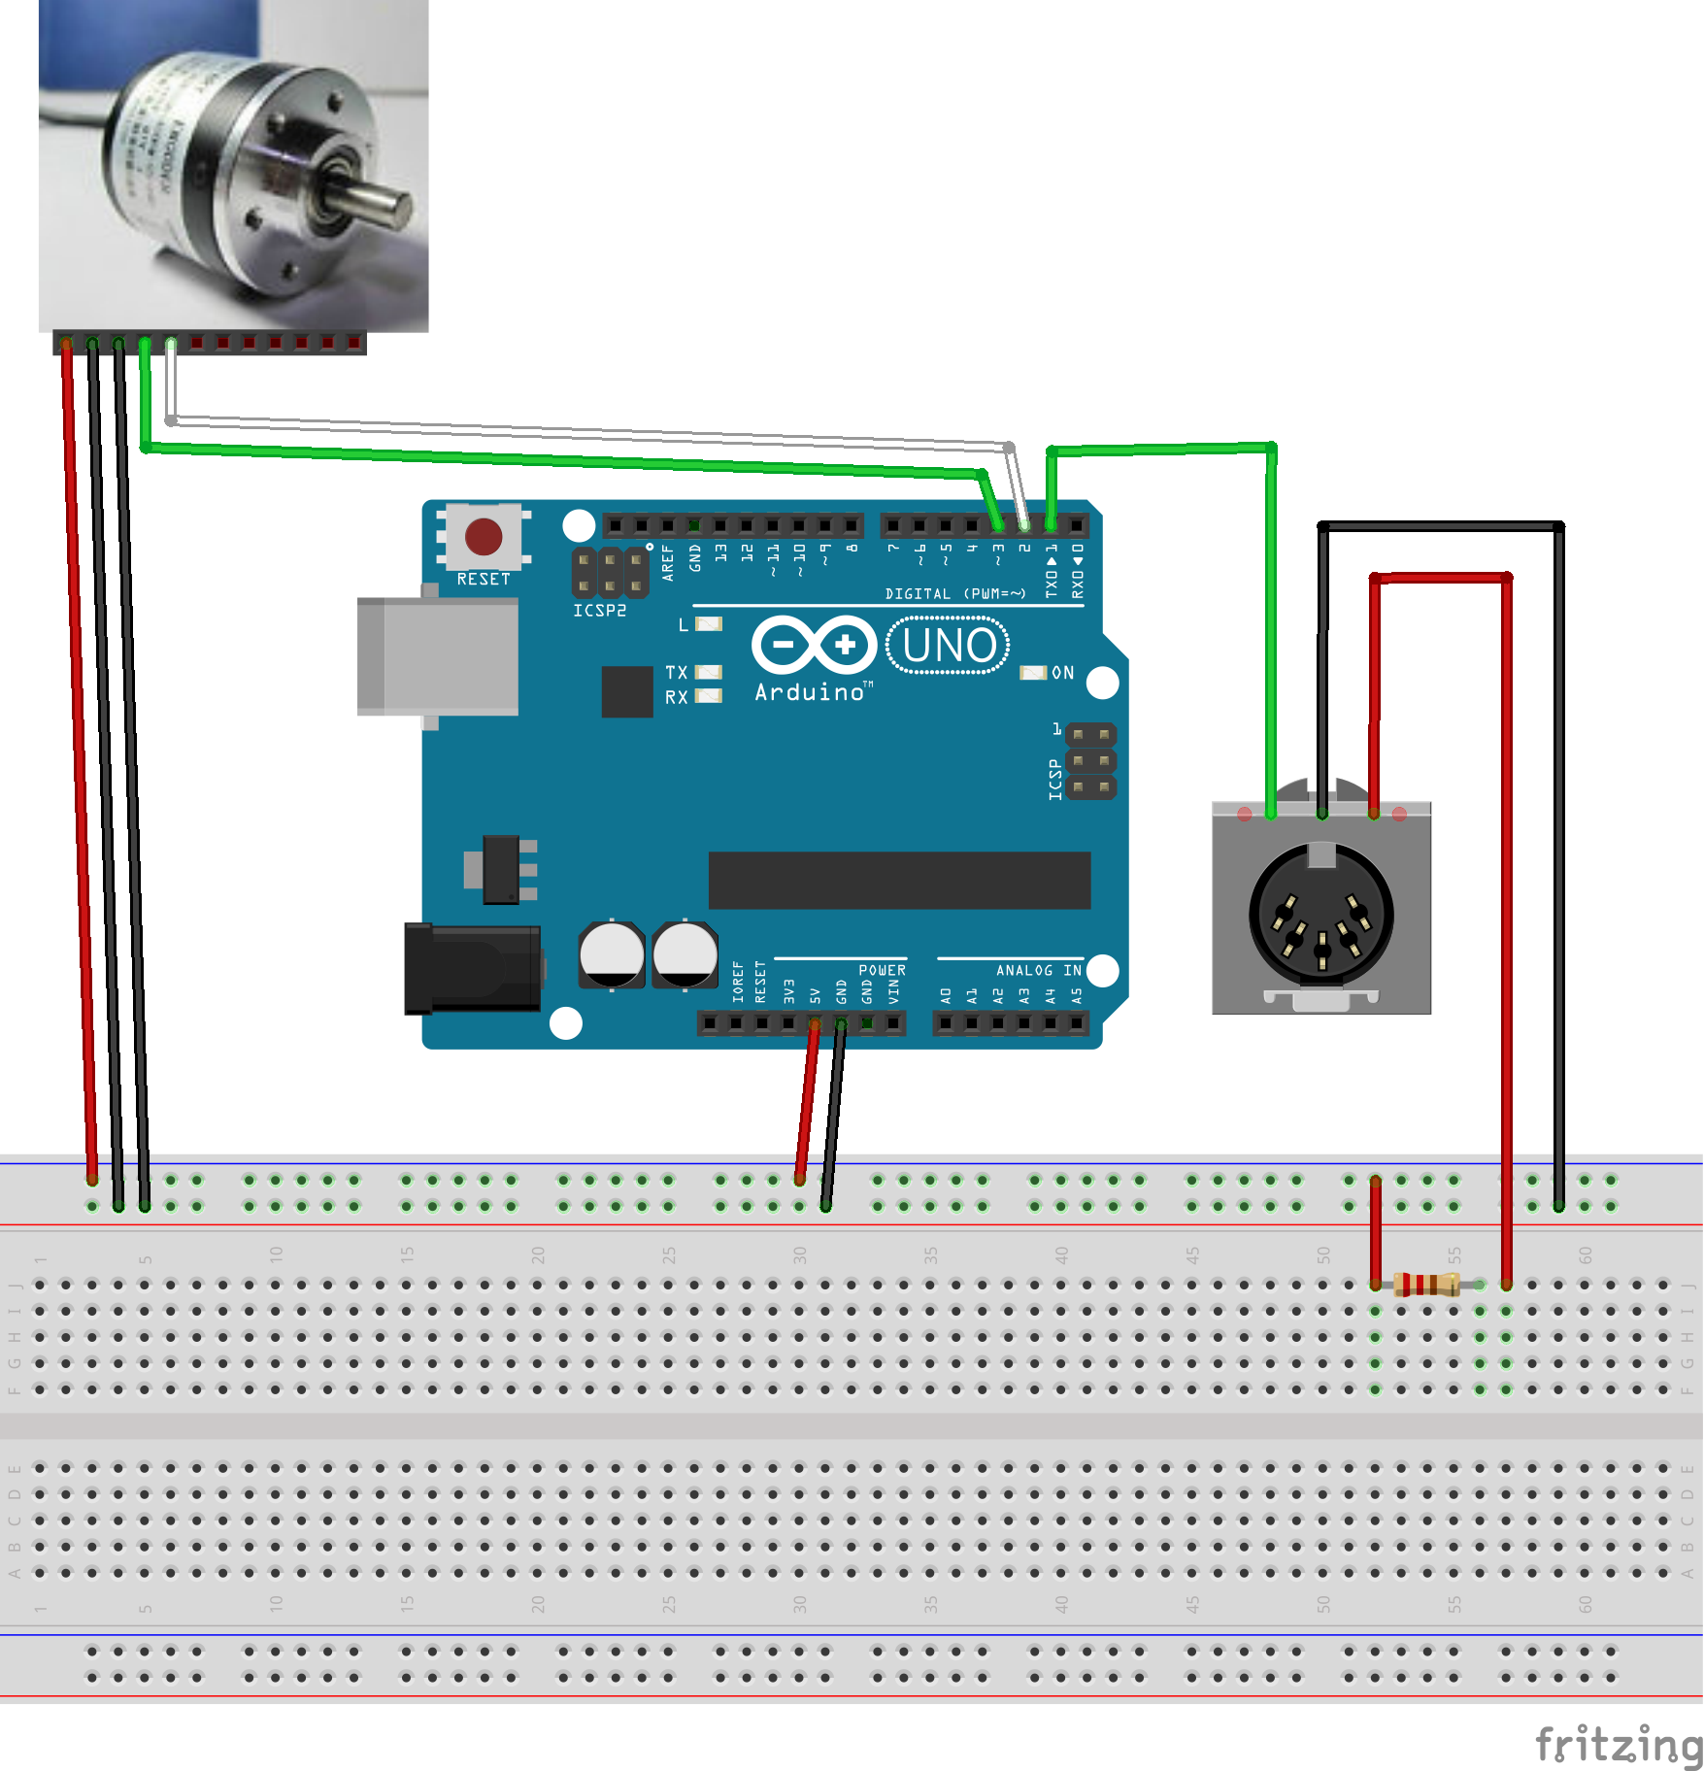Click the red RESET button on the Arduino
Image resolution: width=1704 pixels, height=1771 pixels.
click(x=484, y=536)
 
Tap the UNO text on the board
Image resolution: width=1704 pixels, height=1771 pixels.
click(x=949, y=646)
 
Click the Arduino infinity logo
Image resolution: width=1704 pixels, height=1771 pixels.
click(x=814, y=644)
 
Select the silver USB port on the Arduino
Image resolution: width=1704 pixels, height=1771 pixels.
click(x=438, y=656)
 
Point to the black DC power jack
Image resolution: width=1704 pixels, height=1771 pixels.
click(x=473, y=968)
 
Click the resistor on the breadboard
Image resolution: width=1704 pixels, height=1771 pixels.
click(x=1426, y=1285)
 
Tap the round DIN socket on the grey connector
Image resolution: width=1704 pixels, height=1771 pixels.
click(x=1320, y=915)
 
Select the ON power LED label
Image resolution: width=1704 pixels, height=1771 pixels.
click(x=1062, y=673)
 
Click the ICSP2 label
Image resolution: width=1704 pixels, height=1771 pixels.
click(x=599, y=611)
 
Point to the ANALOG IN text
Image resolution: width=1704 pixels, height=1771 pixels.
click(x=1038, y=970)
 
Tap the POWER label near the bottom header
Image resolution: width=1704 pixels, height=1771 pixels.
click(x=882, y=970)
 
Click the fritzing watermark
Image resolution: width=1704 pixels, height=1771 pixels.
click(x=1618, y=1744)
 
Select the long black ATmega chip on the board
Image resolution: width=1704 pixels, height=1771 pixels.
click(x=899, y=881)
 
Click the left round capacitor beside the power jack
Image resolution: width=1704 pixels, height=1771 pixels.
click(x=612, y=954)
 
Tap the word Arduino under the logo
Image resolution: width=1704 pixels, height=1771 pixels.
click(x=810, y=692)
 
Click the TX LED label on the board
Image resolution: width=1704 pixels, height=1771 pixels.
click(x=676, y=672)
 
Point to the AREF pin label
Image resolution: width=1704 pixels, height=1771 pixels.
click(x=668, y=562)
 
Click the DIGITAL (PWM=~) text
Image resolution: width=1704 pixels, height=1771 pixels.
click(x=954, y=593)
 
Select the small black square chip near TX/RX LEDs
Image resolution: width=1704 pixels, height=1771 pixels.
click(x=626, y=691)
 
